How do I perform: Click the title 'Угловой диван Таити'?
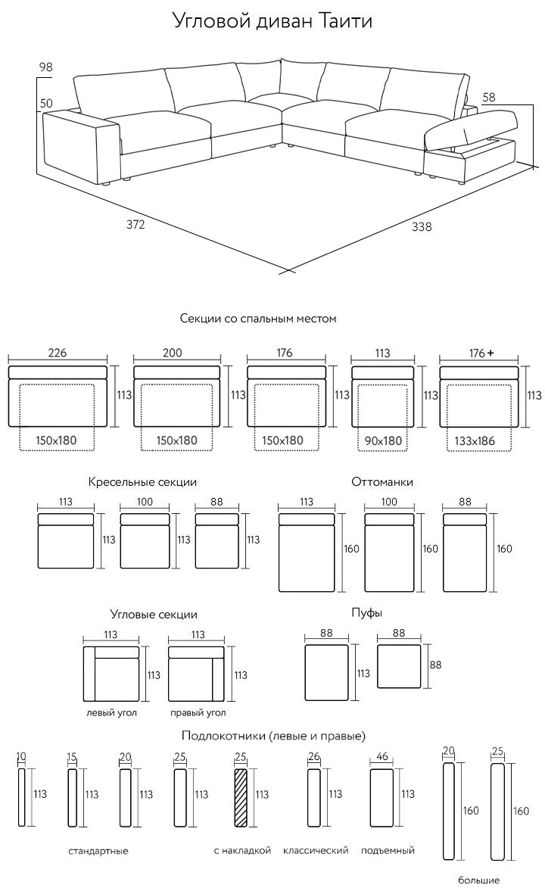(272, 20)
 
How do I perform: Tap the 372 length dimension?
(135, 225)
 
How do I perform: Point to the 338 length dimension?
(422, 226)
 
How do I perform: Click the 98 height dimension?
(45, 67)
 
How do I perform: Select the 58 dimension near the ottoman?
(489, 97)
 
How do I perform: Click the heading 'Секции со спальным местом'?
(258, 319)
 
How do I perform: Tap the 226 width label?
(58, 353)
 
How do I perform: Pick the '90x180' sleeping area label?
(383, 440)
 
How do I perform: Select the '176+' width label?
(481, 353)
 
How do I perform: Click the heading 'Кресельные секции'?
(142, 481)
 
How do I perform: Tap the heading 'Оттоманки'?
(382, 481)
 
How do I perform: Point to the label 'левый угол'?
(111, 713)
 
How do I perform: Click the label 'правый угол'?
(198, 713)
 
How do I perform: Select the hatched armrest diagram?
(241, 799)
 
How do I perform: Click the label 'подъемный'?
(388, 851)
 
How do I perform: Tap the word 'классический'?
(316, 851)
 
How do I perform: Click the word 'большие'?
(478, 880)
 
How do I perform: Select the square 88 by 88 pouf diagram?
(398, 667)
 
